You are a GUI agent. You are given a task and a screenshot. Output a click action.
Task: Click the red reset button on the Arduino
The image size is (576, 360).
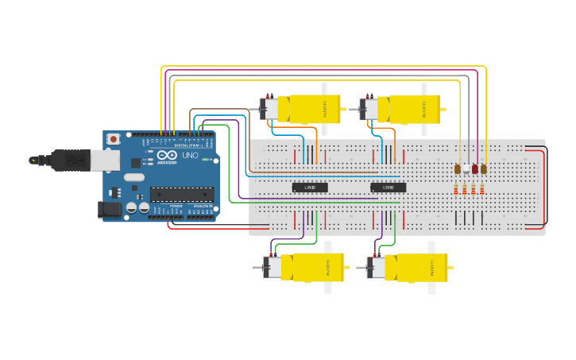pos(114,139)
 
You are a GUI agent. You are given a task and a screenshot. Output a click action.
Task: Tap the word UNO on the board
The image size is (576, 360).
pos(190,156)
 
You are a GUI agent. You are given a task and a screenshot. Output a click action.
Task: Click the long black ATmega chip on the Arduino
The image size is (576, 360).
pos(182,194)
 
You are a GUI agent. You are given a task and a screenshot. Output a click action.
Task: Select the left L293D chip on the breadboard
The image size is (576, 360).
pos(310,188)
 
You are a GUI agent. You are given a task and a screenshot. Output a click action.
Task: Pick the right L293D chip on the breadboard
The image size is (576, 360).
pos(389,188)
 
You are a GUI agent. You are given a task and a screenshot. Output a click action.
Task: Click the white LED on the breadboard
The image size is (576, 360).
pos(466,169)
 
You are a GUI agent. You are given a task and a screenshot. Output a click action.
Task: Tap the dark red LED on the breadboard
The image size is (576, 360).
pos(475,169)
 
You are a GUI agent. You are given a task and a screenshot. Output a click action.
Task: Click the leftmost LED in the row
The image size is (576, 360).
pos(458,169)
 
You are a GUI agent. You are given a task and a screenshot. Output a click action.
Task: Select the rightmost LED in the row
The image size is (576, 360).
pos(484,169)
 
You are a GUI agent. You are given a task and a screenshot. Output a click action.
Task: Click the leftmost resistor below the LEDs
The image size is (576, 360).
pos(456,189)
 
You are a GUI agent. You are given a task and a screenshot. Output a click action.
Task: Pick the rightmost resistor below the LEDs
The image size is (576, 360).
pos(482,189)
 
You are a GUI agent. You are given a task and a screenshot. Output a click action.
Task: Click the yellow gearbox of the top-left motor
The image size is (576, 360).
pos(314,109)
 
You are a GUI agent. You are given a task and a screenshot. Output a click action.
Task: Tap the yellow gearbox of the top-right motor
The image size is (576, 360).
pos(414,109)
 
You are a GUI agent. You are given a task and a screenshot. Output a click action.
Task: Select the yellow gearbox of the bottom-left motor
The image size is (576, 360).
pos(318,267)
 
